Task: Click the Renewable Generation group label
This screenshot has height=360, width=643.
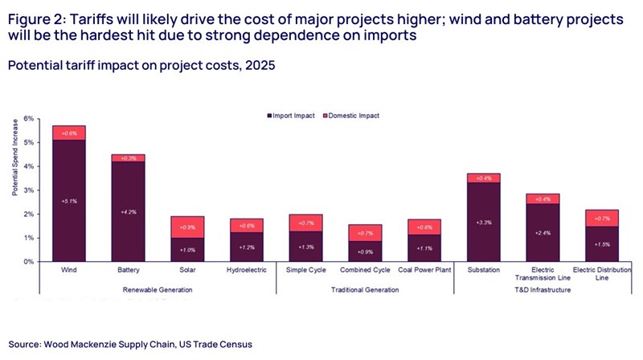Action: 158,288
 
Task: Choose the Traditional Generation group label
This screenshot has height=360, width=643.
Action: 365,288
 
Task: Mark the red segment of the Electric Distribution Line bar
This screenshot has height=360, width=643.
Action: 601,218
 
